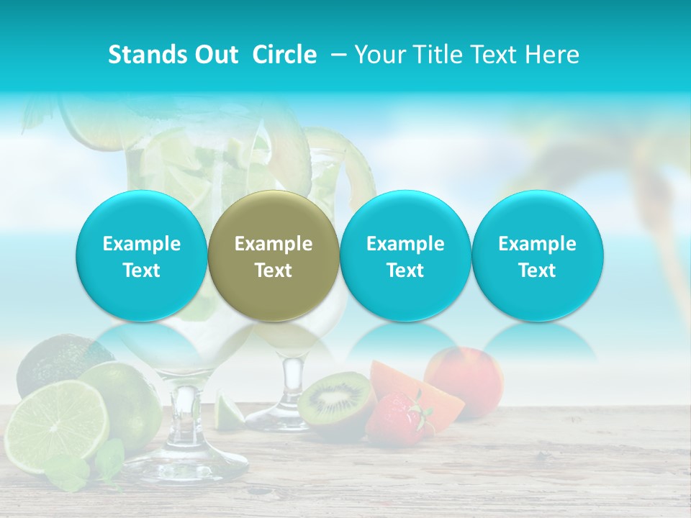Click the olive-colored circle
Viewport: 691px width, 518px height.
pyautogui.click(x=274, y=255)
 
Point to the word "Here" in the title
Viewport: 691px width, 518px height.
pyautogui.click(x=551, y=55)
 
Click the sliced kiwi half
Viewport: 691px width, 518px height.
pyautogui.click(x=335, y=398)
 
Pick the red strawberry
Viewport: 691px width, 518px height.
pyautogui.click(x=396, y=419)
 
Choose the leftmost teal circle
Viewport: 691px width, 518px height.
pyautogui.click(x=142, y=255)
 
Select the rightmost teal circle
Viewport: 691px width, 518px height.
pyautogui.click(x=538, y=255)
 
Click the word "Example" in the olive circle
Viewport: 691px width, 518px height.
pyautogui.click(x=274, y=244)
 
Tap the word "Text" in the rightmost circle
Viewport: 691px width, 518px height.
pyautogui.click(x=538, y=271)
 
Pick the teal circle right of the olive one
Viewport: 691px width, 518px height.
pyautogui.click(x=405, y=255)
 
